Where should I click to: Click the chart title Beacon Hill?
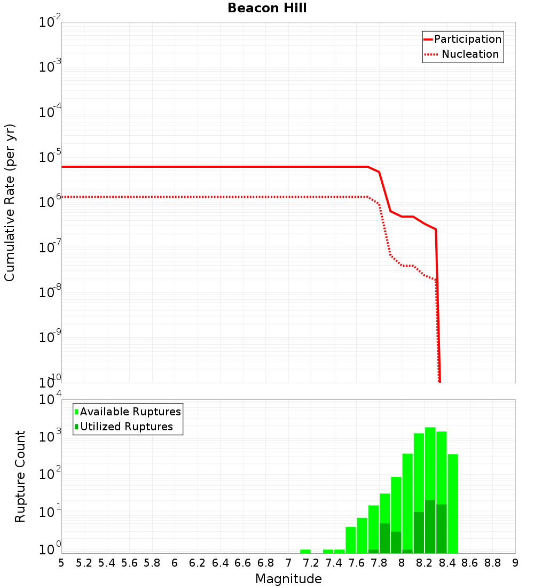click(x=267, y=9)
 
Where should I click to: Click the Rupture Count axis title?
click(x=20, y=476)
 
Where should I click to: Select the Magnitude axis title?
click(x=288, y=579)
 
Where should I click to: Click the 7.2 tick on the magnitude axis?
click(x=311, y=563)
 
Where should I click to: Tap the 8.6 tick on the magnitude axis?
click(x=470, y=563)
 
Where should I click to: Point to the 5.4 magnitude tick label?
click(x=107, y=563)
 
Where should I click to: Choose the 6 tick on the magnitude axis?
click(x=175, y=563)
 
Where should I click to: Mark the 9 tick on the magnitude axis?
click(x=515, y=563)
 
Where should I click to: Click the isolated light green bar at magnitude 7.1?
click(x=305, y=551)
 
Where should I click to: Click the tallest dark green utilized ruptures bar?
click(x=430, y=527)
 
